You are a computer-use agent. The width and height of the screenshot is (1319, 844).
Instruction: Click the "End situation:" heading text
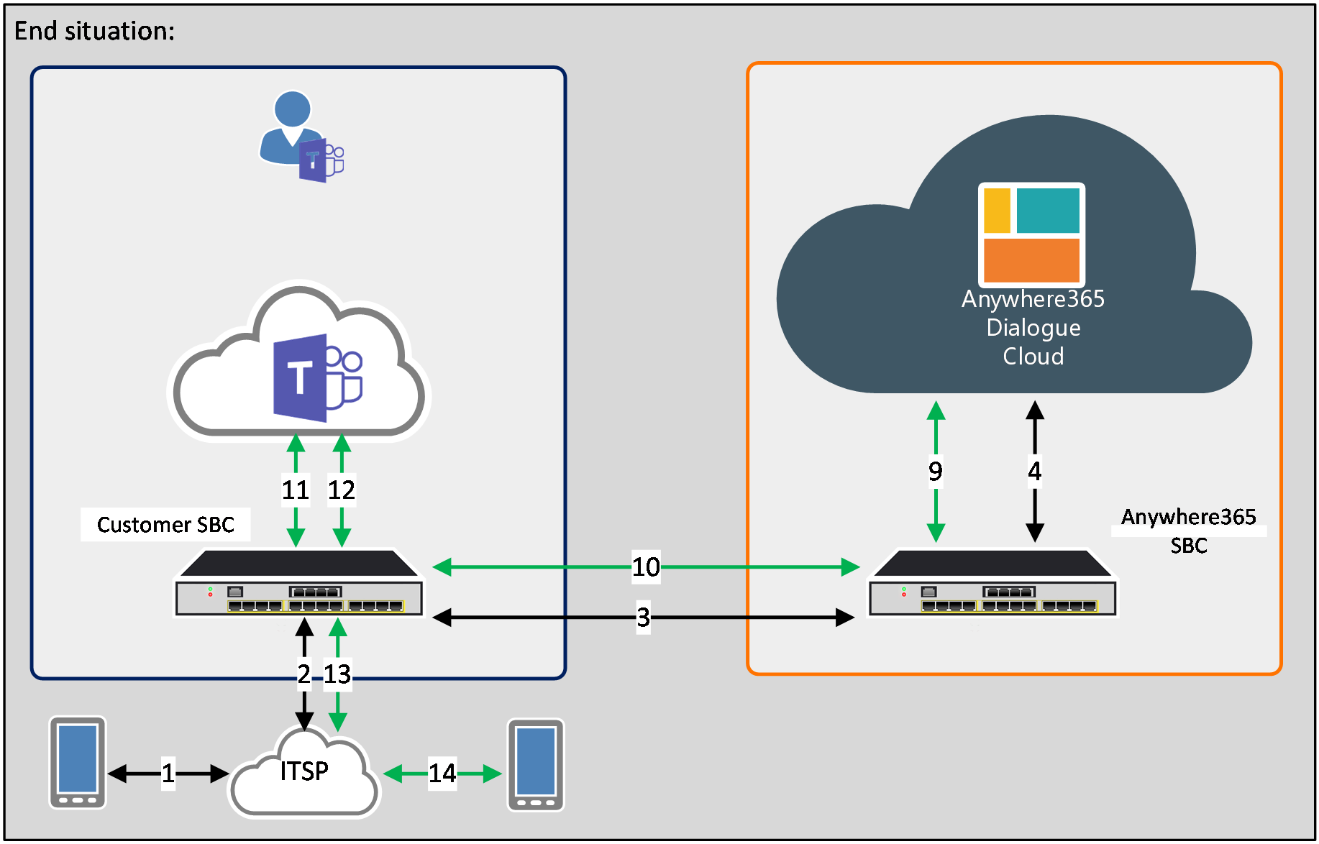[x=94, y=31]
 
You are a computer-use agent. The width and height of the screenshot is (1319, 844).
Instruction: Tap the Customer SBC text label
[x=165, y=525]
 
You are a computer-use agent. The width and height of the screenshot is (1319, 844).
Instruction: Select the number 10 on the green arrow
[x=646, y=567]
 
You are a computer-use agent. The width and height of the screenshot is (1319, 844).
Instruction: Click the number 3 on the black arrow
[x=643, y=617]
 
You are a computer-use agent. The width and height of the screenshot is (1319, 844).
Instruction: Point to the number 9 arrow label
[x=935, y=471]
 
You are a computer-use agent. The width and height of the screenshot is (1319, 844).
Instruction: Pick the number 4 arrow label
[x=1034, y=471]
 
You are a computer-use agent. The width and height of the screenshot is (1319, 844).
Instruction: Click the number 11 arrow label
[x=295, y=490]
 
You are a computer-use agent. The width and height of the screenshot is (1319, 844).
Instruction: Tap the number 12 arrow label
[x=342, y=490]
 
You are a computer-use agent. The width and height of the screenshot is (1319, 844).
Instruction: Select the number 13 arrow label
[x=337, y=674]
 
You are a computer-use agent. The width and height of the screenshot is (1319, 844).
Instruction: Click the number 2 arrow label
[x=304, y=674]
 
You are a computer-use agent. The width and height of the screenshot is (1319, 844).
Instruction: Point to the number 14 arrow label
[x=442, y=774]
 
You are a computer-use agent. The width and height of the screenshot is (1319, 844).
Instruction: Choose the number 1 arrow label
[x=168, y=774]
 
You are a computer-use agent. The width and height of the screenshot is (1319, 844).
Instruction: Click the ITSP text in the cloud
[x=304, y=771]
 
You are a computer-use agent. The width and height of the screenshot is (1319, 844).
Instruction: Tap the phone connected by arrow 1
[x=78, y=763]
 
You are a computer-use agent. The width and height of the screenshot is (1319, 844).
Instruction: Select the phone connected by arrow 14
[x=536, y=765]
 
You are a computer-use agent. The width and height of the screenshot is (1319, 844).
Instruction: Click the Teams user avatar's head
[x=292, y=109]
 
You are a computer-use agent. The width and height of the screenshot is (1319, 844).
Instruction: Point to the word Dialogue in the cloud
[x=1033, y=328]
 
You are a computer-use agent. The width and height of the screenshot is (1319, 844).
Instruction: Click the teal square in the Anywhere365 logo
[x=1048, y=211]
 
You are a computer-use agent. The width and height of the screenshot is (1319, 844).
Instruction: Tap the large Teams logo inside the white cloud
[x=317, y=377]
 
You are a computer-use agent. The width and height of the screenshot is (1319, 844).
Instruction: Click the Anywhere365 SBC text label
[x=1188, y=531]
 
